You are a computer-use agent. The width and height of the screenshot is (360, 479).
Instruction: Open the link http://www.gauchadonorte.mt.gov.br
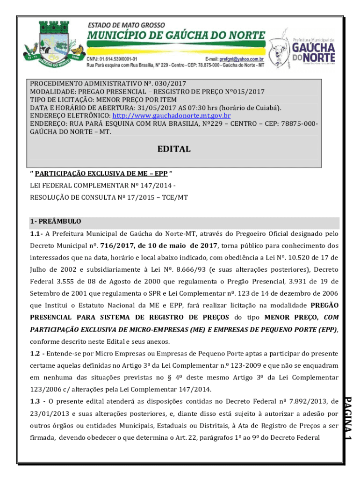[171, 115]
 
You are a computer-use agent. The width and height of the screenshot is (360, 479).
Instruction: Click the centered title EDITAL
[173, 149]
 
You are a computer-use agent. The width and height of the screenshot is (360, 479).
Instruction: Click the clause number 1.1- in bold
[36, 234]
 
